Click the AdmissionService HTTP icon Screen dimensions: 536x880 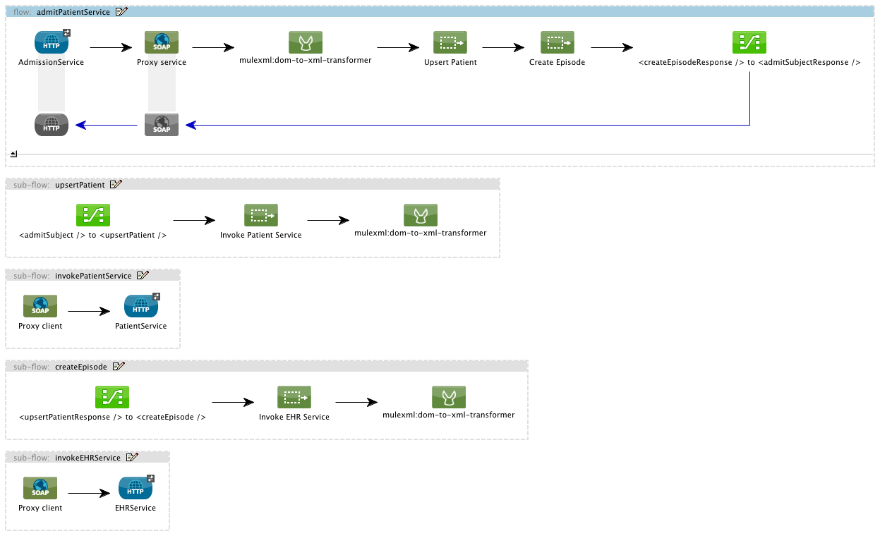click(x=52, y=42)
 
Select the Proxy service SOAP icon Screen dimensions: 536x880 click(x=162, y=42)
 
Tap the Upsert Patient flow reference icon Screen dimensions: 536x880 click(x=450, y=42)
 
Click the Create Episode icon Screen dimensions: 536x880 click(x=557, y=42)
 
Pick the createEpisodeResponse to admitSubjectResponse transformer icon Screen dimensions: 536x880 click(x=749, y=42)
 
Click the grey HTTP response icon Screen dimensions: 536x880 click(x=52, y=125)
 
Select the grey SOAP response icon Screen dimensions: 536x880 click(x=162, y=125)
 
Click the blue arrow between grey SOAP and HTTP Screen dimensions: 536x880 click(x=106, y=126)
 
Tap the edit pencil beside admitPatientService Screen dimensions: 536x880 click(x=121, y=11)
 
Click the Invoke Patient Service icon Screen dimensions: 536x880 click(x=261, y=216)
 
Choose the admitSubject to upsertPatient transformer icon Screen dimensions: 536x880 click(x=93, y=216)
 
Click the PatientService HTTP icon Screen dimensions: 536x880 click(x=141, y=306)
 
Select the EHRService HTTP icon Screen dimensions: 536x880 click(x=135, y=488)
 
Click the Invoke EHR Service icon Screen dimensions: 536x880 click(x=294, y=398)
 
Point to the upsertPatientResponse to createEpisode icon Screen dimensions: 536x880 click(x=112, y=398)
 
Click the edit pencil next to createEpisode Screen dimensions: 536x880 click(x=119, y=367)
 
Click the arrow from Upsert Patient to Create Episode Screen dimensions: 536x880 click(x=503, y=48)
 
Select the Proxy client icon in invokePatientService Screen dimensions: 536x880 click(x=40, y=306)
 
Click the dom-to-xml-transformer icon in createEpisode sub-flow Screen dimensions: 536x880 click(x=449, y=398)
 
